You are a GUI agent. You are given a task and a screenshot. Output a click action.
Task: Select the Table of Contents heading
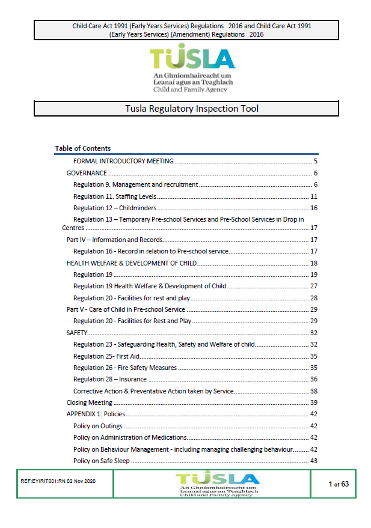[x=83, y=148]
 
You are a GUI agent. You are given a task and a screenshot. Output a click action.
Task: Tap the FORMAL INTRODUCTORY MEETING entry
[x=123, y=161]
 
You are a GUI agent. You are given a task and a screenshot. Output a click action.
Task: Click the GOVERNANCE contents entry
[x=87, y=173]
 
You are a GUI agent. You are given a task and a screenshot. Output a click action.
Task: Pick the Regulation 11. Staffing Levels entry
[x=114, y=196]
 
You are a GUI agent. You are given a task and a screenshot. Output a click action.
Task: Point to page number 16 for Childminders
[x=313, y=208]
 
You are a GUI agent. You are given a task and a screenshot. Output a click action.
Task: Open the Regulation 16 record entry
[x=151, y=251]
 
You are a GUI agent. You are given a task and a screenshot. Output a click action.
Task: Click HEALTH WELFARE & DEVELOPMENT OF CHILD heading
[x=131, y=263]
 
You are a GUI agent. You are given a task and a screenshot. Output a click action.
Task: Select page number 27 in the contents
[x=313, y=286]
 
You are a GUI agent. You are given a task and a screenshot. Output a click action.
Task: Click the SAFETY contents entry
[x=77, y=333]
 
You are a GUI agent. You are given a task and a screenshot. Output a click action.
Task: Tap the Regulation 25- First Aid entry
[x=106, y=356]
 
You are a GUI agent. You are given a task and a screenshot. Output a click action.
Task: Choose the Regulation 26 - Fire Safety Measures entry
[x=125, y=368]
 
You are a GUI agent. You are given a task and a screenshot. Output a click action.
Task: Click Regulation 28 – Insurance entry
[x=109, y=379]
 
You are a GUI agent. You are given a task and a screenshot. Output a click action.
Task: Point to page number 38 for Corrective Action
[x=313, y=391]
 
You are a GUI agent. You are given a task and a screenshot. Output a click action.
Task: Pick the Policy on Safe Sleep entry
[x=102, y=461]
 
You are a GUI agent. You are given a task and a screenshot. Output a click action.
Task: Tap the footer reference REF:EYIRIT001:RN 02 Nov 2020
[x=54, y=482]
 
